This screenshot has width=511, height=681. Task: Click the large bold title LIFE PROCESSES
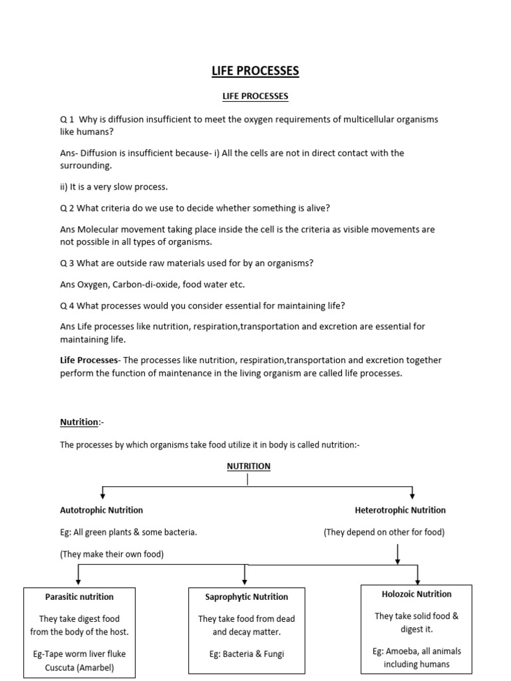255,70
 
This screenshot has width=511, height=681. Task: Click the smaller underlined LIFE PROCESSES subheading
255,96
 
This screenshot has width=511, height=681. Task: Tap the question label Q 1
67,119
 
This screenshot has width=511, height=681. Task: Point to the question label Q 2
67,208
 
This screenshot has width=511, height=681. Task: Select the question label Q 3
67,263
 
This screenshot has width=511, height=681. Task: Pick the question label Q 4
67,306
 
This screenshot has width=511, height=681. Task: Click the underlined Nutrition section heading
79,422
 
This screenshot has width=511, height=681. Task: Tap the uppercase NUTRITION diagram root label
248,466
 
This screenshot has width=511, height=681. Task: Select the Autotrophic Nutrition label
101,510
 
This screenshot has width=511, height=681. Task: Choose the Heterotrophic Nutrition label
401,510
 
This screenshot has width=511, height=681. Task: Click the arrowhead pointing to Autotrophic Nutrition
102,494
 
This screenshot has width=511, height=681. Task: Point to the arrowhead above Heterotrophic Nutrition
413,494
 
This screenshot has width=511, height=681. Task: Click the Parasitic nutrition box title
79,597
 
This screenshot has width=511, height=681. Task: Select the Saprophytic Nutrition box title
247,597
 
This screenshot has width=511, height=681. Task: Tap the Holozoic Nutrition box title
417,594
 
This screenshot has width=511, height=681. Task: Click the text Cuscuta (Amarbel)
79,666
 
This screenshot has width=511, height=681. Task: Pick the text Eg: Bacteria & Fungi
246,654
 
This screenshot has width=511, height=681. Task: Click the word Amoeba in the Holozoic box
405,651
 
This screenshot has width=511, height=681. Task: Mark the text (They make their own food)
112,554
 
